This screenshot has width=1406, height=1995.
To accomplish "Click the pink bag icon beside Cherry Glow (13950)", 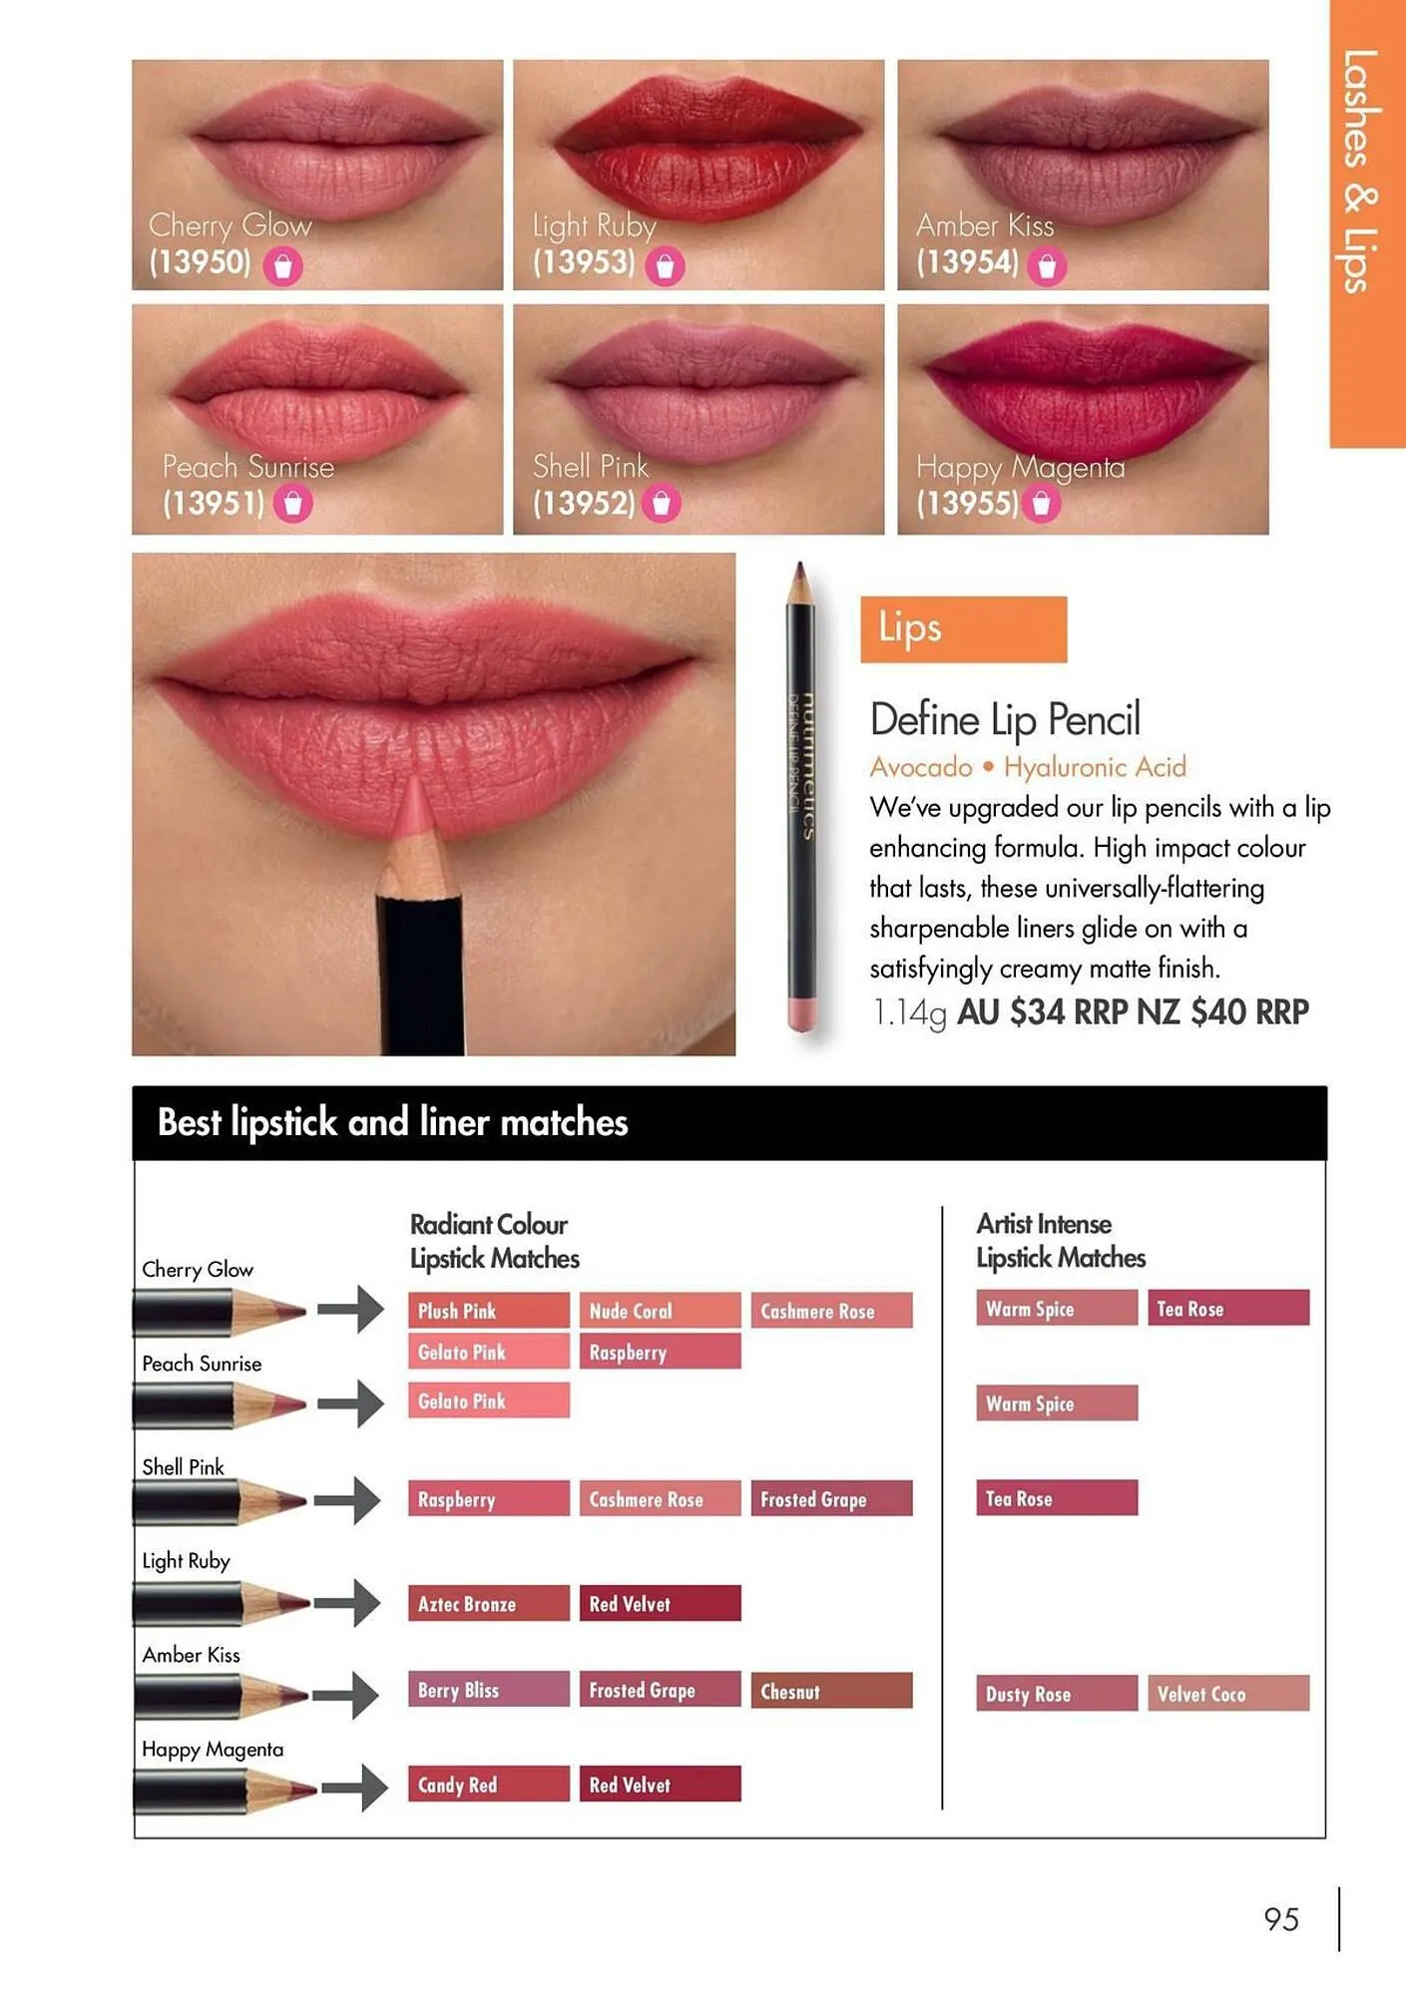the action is point(282,266).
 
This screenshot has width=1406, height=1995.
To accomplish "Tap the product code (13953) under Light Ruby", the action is point(584,262).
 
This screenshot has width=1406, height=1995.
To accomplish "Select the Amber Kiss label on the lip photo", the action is point(985,225).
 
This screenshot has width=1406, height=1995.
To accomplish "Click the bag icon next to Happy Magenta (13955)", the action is point(1041,504).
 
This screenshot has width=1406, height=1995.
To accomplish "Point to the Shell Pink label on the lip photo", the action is point(591,466).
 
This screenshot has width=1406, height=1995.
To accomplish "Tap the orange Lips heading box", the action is point(963,629).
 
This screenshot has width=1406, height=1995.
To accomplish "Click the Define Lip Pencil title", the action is point(1005,720).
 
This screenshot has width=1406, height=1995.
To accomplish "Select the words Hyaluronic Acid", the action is point(1095,767).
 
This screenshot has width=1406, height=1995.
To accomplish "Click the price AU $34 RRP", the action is point(1042,1011).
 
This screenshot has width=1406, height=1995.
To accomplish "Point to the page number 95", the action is point(1281,1919).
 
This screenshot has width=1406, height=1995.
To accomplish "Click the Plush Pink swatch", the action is point(489,1311).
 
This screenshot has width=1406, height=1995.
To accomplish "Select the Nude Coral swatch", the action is point(661,1311).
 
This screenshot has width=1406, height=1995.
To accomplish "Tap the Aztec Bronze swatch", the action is point(489,1603).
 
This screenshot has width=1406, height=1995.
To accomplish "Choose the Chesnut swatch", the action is point(831,1691).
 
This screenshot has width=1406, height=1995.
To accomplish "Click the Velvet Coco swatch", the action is point(1228,1693).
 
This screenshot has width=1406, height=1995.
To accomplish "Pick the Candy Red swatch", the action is point(489,1784).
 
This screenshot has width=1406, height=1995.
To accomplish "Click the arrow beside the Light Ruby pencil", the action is point(347,1603).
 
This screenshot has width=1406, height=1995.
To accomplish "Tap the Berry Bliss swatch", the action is point(489,1689).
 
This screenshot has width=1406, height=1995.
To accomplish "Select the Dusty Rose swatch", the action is point(1057,1693).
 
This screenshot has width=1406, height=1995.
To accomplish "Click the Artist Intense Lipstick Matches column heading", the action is point(1061,1241).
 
